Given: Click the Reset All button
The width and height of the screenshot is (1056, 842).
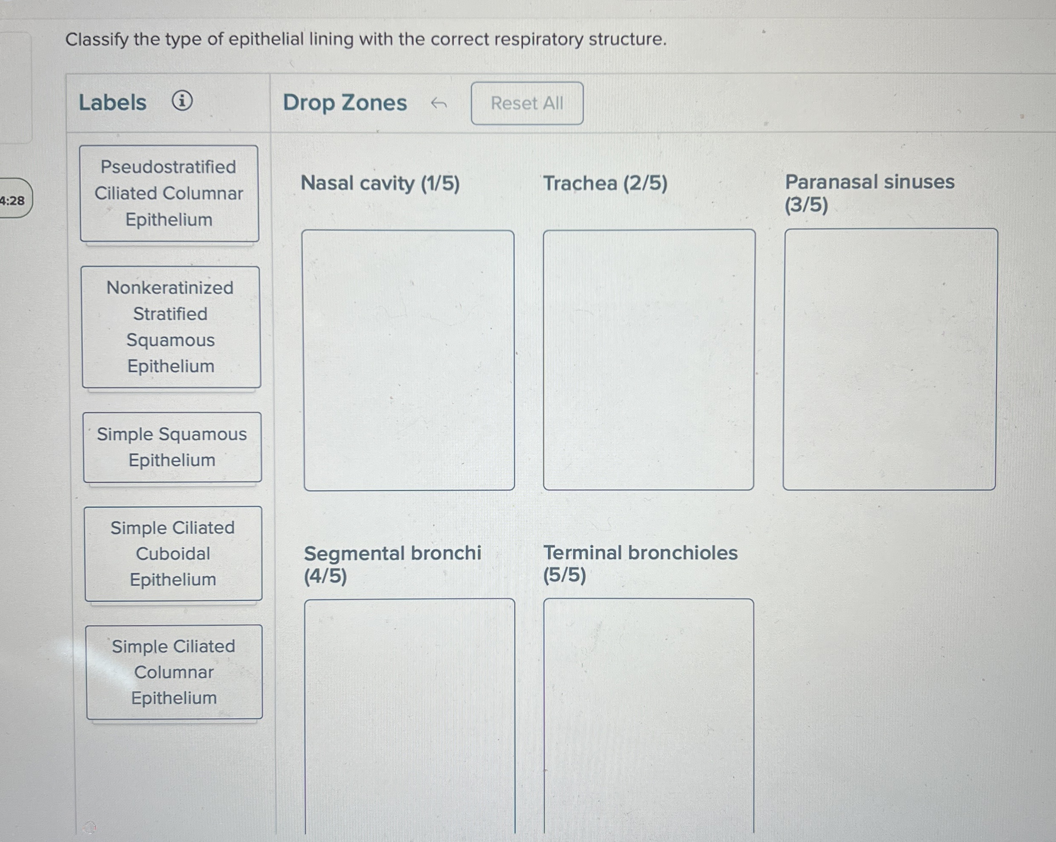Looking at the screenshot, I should (527, 103).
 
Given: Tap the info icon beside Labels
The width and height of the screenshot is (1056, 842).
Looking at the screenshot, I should (182, 102).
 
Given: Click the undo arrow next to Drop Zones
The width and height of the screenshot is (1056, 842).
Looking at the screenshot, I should (438, 103).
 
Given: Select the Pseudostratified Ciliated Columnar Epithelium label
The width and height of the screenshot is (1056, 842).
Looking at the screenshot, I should (169, 193).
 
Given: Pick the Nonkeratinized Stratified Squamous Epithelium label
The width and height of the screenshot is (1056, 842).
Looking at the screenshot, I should (170, 327).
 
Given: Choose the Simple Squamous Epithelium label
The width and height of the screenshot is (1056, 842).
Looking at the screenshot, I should (172, 447).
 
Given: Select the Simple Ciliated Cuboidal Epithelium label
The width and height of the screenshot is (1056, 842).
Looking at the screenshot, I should (173, 554).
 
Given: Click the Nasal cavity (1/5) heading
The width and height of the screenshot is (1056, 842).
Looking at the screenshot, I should (380, 183).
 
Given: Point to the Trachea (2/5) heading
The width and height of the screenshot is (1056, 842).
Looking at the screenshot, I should (605, 183).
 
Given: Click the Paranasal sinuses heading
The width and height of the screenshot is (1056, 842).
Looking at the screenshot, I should (869, 192).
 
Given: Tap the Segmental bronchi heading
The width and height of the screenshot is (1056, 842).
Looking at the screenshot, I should (392, 564).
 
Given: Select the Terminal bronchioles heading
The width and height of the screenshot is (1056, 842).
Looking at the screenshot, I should (640, 563).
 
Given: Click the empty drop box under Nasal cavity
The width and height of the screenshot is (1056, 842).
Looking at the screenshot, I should (408, 360).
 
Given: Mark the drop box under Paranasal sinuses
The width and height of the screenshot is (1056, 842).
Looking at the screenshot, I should (890, 359).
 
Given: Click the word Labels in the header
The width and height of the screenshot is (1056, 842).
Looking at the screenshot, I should (113, 103).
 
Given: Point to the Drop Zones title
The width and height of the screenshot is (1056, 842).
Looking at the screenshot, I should (345, 103).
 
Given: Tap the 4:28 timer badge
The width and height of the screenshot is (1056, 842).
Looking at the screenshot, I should (13, 200).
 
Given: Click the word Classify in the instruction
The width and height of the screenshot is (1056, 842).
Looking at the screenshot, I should (96, 39).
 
